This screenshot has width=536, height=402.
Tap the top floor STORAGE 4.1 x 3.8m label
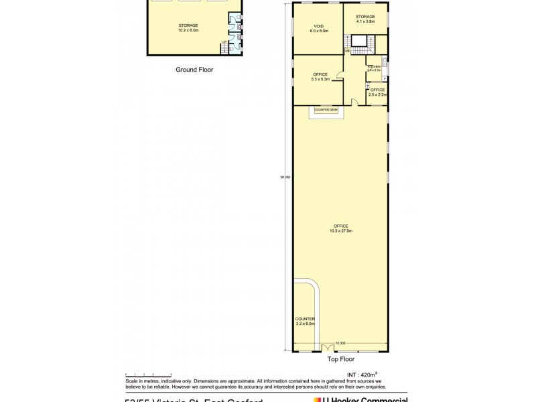click(x=366, y=18)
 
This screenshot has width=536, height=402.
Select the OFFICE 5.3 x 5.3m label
click(x=319, y=76)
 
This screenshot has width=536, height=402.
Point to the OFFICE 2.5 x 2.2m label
click(x=377, y=92)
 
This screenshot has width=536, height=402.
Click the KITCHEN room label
click(x=374, y=68)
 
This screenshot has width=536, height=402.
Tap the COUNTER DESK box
click(x=326, y=110)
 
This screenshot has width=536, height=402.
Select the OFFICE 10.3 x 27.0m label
click(x=339, y=227)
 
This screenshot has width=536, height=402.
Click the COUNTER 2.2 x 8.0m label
click(x=304, y=321)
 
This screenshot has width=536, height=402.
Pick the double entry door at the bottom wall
click(x=327, y=348)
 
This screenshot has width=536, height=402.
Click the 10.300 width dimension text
click(x=340, y=344)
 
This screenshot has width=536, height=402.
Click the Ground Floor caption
click(x=194, y=69)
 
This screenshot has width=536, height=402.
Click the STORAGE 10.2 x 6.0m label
click(x=188, y=27)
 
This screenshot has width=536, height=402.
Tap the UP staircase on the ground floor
click(x=225, y=44)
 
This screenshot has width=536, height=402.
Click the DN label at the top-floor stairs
click(x=347, y=52)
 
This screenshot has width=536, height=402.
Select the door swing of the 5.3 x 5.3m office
click(x=339, y=82)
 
